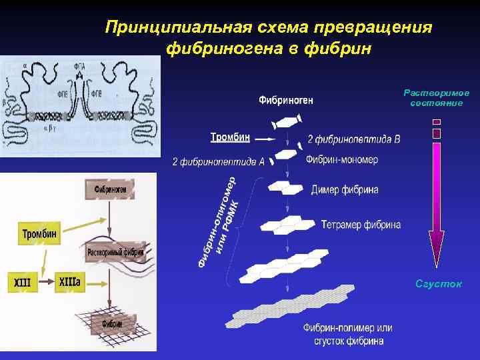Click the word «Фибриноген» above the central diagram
(286, 101)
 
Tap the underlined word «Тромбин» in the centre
(230, 137)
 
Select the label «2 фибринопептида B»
(354, 140)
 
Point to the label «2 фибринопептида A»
(218, 161)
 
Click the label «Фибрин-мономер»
(342, 160)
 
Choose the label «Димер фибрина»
(345, 190)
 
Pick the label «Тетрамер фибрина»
(361, 225)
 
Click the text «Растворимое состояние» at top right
(437, 98)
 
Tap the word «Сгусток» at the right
(438, 284)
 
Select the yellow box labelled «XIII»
(22, 282)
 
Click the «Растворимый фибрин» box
(115, 253)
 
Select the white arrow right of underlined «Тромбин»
(264, 139)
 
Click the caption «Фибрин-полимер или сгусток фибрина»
(347, 334)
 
